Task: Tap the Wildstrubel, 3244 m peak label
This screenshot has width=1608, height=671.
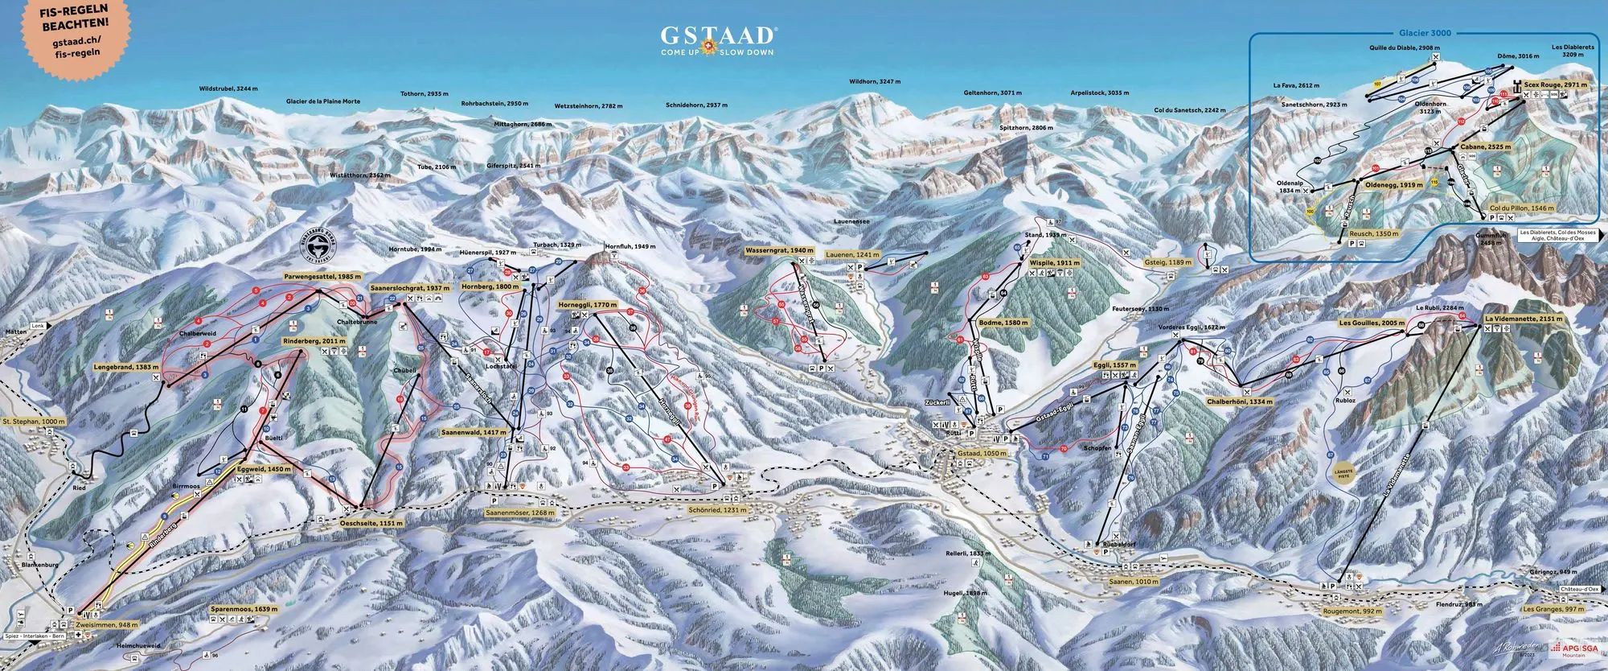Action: coord(228,89)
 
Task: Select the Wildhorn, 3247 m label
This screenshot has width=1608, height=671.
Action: coord(875,82)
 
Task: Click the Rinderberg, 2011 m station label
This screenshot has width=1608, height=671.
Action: coord(314,341)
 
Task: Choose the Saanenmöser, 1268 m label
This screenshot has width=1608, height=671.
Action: coord(520,512)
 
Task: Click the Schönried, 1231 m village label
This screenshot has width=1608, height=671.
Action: coord(717,509)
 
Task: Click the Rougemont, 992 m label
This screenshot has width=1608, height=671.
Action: coord(1352,611)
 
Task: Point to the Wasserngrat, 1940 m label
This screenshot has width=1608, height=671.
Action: coord(779,251)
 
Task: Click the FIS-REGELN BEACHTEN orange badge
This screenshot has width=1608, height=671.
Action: coord(73,31)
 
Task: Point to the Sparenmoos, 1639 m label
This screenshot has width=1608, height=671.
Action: coord(244,609)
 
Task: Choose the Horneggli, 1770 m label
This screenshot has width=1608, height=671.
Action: coord(588,306)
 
